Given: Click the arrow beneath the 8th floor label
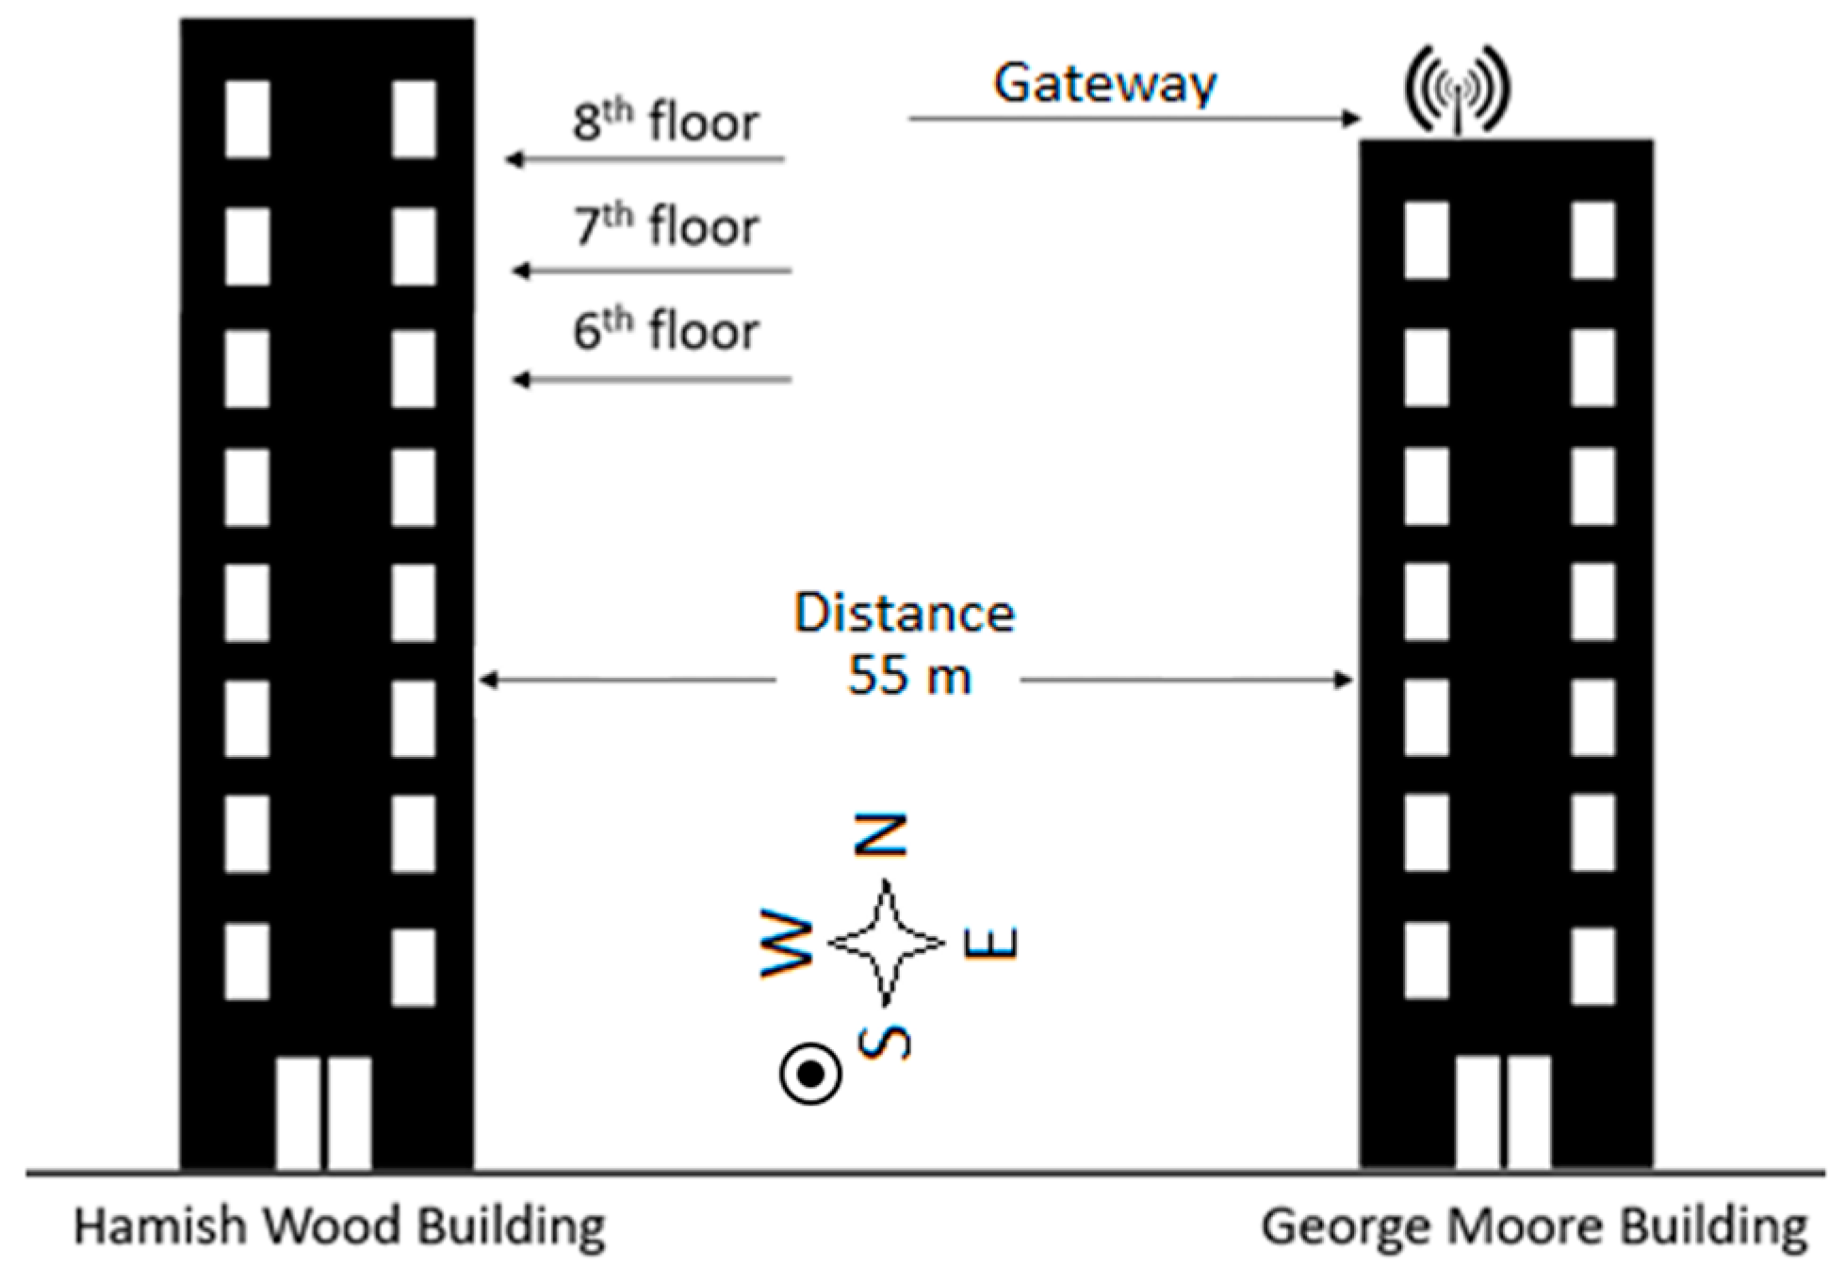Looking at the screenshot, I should [645, 159].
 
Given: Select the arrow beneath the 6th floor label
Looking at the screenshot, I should [651, 380].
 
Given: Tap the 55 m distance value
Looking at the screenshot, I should [908, 676].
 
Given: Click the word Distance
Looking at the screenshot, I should [904, 613].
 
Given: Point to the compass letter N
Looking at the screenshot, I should [882, 835].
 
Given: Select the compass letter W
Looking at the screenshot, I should [788, 943].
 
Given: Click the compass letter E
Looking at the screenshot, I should [991, 943].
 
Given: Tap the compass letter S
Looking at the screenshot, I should [885, 1043].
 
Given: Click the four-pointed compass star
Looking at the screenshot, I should [886, 943].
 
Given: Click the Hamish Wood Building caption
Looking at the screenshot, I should [339, 1227].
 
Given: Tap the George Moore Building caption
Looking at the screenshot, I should [1534, 1227].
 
